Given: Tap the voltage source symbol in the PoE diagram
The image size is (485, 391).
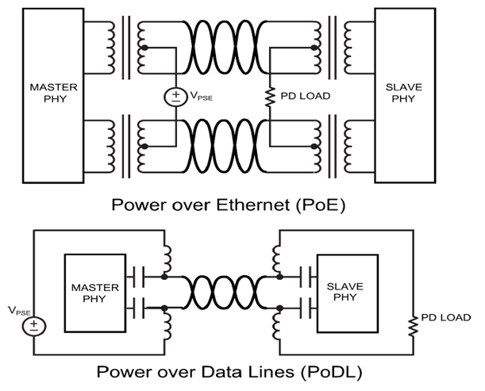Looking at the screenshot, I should click(174, 97).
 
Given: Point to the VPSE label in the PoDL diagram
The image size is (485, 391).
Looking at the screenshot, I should click(17, 309).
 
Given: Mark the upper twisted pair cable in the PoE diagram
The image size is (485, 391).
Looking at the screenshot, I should click(222, 48).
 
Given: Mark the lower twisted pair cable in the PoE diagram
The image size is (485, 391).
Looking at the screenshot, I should click(222, 145).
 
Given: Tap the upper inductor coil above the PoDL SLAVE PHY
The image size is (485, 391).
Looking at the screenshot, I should click(277, 257).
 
